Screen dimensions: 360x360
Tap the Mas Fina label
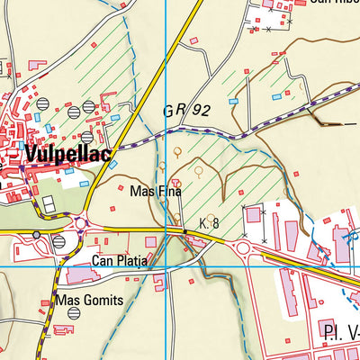156,191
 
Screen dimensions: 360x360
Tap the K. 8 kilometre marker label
209,222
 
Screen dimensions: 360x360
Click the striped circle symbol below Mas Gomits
73,312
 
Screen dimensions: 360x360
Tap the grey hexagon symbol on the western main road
37,234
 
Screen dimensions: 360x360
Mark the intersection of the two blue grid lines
166,267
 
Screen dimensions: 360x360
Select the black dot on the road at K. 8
184,232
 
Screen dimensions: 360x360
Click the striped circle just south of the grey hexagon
58,242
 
